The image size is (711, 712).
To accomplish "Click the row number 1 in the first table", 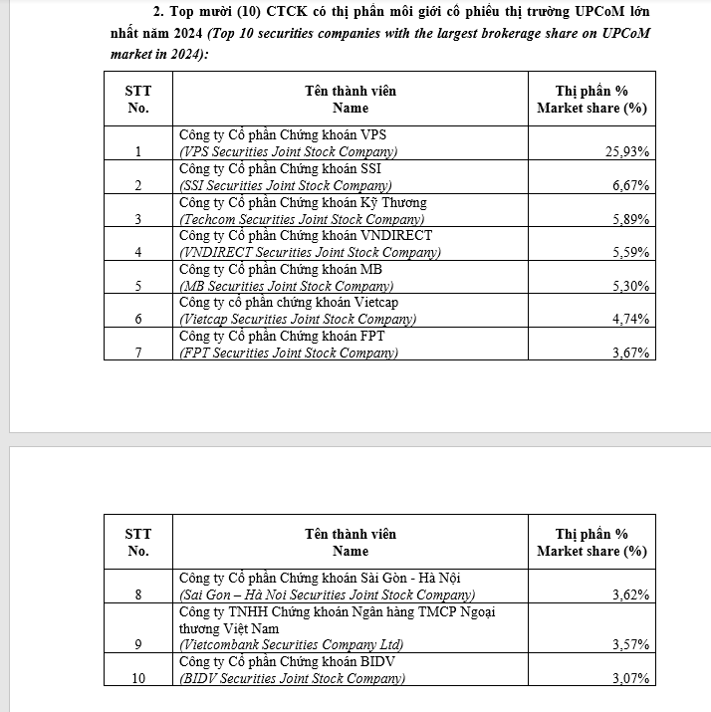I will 138,152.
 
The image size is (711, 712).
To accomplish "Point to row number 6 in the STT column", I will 138,320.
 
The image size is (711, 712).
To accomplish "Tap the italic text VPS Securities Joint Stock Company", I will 288,152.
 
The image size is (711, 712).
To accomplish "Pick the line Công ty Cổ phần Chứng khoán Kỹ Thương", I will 303,203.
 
